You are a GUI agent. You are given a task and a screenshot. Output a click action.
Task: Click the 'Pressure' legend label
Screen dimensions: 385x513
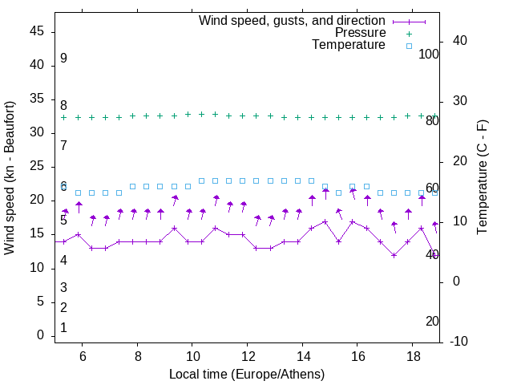click(360, 33)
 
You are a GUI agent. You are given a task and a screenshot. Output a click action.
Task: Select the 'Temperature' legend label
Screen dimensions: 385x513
click(349, 45)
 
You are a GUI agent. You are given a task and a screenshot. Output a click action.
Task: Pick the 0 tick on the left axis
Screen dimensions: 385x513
click(41, 336)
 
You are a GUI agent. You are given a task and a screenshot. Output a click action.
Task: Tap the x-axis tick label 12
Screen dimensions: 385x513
click(247, 356)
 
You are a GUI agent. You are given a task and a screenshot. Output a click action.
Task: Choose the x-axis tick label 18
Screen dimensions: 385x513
click(411, 356)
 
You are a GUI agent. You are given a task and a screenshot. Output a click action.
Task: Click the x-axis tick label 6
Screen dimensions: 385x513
click(83, 356)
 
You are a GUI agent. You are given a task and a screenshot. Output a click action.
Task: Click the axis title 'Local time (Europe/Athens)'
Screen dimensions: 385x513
click(247, 375)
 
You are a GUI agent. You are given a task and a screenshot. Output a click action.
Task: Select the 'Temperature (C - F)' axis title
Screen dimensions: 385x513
click(483, 178)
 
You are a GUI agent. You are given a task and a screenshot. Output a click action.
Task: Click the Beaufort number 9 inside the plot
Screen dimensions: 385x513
click(63, 59)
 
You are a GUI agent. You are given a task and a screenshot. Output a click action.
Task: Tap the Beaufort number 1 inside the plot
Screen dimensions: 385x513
click(63, 327)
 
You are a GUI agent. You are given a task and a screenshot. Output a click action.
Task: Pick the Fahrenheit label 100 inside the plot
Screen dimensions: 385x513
click(429, 55)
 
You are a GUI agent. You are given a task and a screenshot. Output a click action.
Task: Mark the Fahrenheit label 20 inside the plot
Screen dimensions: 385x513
click(432, 322)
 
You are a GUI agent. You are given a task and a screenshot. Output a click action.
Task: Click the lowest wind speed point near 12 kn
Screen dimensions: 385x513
click(394, 255)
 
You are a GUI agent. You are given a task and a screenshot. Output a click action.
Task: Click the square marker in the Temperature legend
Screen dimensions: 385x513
click(409, 46)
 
